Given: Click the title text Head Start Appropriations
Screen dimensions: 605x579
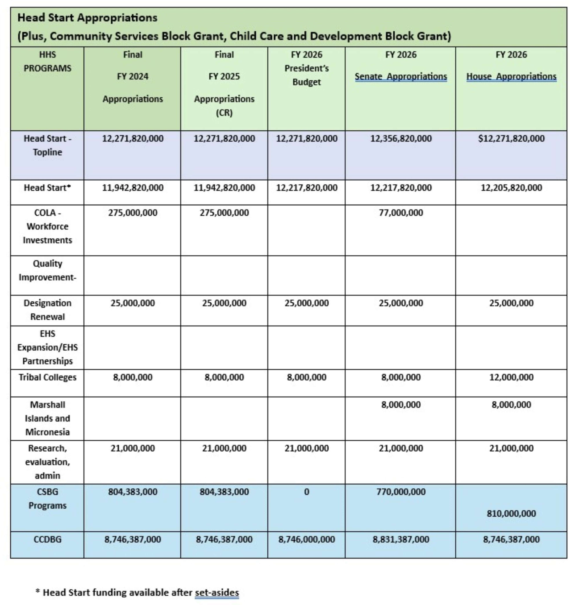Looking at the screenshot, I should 87,18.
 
